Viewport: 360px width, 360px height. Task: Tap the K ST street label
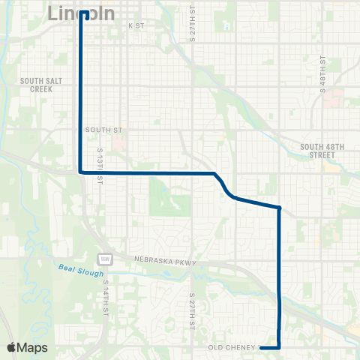135,25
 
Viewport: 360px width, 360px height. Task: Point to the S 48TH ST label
323,71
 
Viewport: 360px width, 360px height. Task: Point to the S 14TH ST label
107,298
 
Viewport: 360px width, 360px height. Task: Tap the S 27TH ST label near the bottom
192,309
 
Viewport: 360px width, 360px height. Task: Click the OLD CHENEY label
232,347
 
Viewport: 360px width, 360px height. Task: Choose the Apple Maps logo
27,347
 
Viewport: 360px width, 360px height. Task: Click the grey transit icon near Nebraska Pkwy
106,259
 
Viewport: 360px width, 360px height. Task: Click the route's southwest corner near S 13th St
81,172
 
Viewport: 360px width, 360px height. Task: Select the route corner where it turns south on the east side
279,208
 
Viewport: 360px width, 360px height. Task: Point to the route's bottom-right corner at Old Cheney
280,347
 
